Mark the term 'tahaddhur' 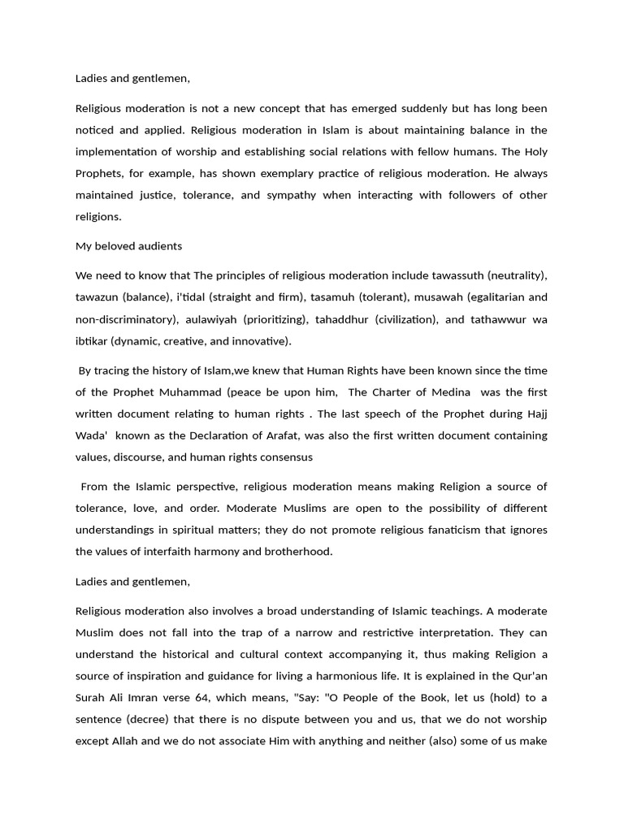tap(348, 319)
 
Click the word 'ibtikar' tap(91, 340)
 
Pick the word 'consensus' tap(284, 457)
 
